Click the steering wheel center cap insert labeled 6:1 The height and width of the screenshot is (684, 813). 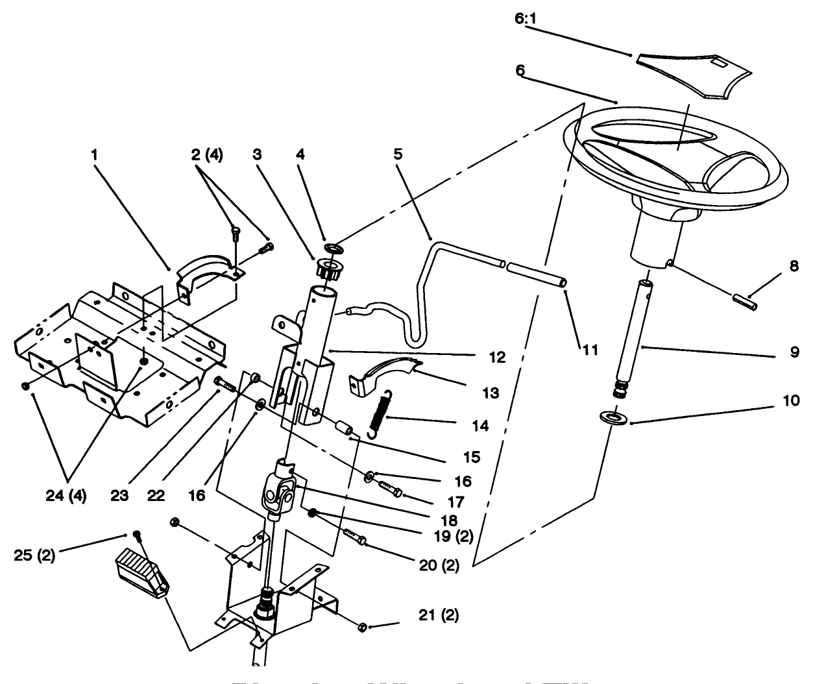[x=692, y=73]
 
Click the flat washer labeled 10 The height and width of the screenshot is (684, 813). [x=613, y=417]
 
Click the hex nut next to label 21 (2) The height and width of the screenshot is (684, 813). [x=363, y=626]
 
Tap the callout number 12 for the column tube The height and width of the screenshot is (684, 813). [x=499, y=356]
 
